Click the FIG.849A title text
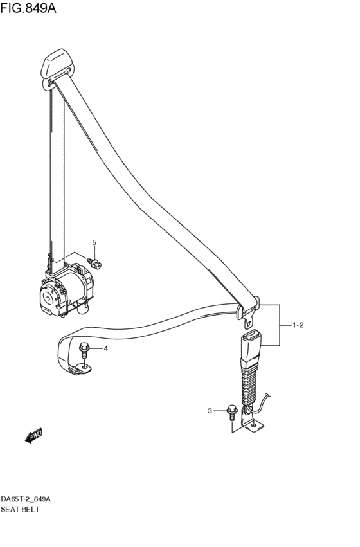tap(28, 7)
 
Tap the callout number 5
tap(94, 242)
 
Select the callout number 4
tap(105, 348)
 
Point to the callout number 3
tap(210, 411)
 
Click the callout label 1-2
tap(298, 325)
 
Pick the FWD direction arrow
tap(33, 435)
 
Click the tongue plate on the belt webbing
tap(249, 313)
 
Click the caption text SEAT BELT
tap(20, 509)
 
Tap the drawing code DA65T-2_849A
tap(26, 499)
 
